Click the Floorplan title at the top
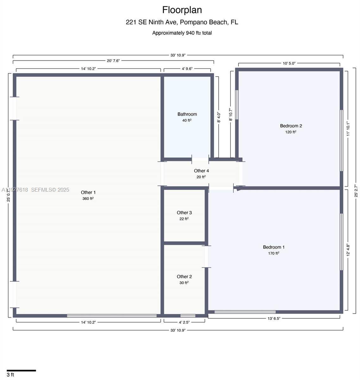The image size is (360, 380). [182, 10]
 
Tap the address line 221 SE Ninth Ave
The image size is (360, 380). [182, 22]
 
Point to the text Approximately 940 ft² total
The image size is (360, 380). [182, 33]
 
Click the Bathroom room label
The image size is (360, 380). [187, 114]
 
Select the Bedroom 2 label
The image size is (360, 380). [291, 126]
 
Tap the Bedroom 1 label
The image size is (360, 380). [274, 247]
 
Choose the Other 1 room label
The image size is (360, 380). [88, 193]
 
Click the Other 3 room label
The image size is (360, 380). [184, 213]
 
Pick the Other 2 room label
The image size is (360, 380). [184, 277]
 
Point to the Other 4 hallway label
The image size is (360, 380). [201, 171]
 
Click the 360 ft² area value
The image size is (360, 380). [88, 199]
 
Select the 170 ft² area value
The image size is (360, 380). [274, 253]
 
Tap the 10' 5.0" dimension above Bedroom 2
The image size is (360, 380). [289, 63]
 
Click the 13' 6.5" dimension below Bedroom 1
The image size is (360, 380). [274, 319]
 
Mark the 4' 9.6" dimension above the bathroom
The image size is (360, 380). [187, 69]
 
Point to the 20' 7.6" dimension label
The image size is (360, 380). [113, 61]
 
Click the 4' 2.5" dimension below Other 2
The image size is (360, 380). [184, 322]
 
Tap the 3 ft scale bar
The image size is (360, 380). [21, 370]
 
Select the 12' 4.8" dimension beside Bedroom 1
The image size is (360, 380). [348, 250]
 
